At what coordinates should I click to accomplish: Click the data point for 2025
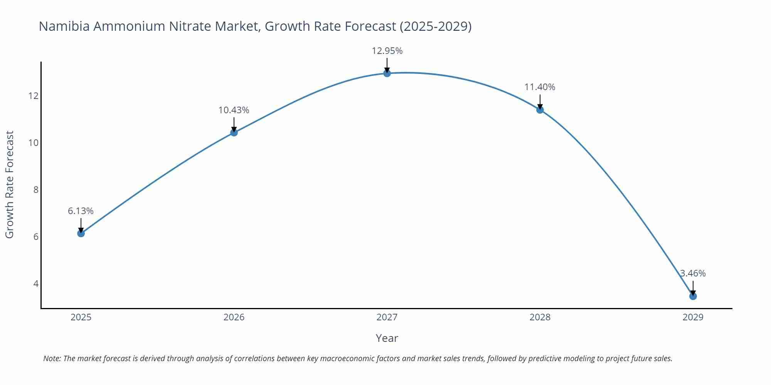click(81, 233)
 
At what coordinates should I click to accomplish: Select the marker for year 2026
click(234, 132)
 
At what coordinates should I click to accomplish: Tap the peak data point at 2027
click(387, 73)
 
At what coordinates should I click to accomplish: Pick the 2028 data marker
click(540, 110)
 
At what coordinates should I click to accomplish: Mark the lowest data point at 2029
click(693, 296)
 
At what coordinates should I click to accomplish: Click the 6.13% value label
click(81, 211)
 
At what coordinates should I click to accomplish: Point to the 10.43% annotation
click(234, 110)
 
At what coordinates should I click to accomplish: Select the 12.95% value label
click(387, 51)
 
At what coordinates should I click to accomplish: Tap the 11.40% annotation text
click(540, 87)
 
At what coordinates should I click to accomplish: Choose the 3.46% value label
click(693, 273)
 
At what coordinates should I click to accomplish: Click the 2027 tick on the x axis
click(387, 317)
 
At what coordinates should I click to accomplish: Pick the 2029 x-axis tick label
click(693, 317)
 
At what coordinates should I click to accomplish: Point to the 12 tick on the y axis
click(34, 96)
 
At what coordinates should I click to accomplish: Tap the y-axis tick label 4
click(36, 284)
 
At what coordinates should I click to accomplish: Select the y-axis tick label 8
click(36, 190)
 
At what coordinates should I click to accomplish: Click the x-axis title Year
click(387, 338)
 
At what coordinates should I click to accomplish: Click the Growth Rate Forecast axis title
click(10, 184)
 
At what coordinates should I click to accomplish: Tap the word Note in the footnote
click(52, 358)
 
